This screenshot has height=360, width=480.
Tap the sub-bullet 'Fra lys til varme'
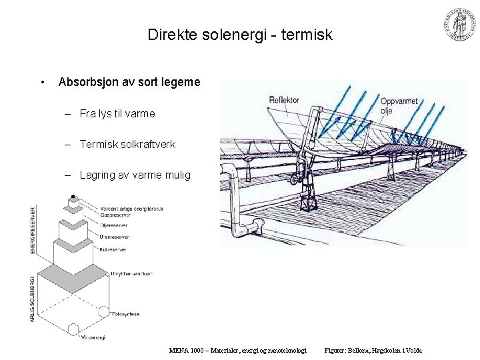tap(117, 113)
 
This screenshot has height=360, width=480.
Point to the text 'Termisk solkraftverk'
tap(127, 144)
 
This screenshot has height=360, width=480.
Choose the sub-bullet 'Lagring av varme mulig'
tap(135, 175)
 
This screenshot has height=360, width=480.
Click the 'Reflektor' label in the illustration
tap(284, 100)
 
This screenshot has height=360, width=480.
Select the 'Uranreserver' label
tap(115, 237)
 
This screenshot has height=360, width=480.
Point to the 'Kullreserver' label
tap(114, 249)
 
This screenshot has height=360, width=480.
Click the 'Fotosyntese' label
tap(126, 313)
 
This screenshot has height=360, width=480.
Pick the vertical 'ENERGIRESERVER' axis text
tap(33, 230)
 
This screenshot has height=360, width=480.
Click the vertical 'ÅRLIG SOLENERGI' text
tap(33, 300)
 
